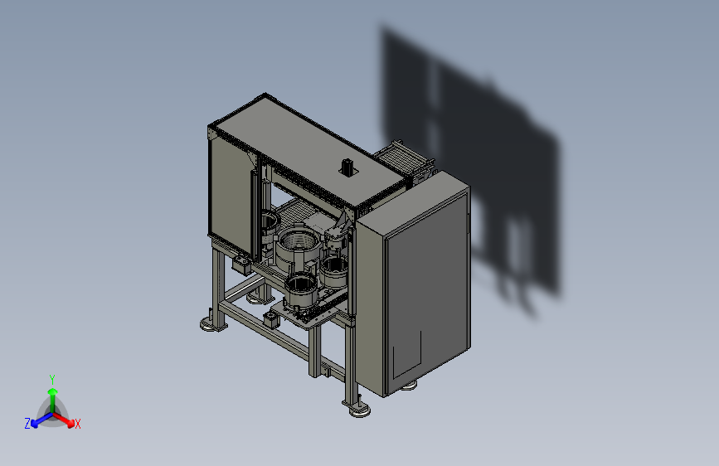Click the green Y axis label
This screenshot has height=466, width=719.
(x=51, y=379)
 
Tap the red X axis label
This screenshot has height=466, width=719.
(x=77, y=424)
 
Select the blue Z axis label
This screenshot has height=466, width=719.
(x=27, y=424)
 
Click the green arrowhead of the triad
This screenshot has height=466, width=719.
(x=53, y=391)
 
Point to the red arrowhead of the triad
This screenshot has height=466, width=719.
(x=70, y=423)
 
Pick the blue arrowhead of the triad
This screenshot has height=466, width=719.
(x=35, y=423)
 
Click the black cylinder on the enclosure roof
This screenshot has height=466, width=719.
(x=347, y=166)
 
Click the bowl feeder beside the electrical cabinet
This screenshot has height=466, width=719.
(x=335, y=271)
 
